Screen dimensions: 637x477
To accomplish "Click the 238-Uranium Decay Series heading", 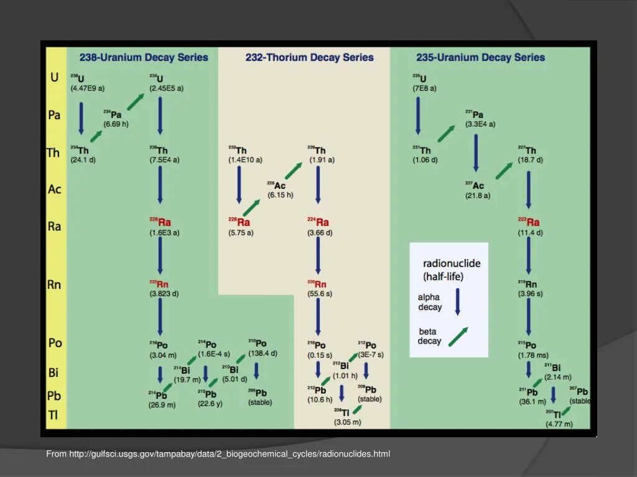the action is coord(144,58).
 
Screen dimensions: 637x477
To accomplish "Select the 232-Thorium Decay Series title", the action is coord(309,58).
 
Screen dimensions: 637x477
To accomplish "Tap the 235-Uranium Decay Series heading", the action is coord(480,58).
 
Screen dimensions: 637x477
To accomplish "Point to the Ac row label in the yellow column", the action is coord(55,189).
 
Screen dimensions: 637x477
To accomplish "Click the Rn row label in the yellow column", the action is coord(54,284).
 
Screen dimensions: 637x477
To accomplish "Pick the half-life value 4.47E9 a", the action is coord(87,88).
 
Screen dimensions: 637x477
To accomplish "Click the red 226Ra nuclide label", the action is coord(160,222).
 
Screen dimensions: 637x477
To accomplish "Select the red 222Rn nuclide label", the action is coord(159,284).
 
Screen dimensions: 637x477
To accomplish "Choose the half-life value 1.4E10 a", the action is coord(245,160).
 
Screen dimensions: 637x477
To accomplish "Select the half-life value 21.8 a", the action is coord(478,195).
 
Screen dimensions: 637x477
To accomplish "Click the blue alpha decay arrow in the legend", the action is coord(457,301).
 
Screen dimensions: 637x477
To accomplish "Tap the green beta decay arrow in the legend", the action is coord(458,336).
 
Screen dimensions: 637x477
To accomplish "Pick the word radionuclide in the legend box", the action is coord(452,263).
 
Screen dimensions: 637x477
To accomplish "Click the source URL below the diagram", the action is coord(218,454).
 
